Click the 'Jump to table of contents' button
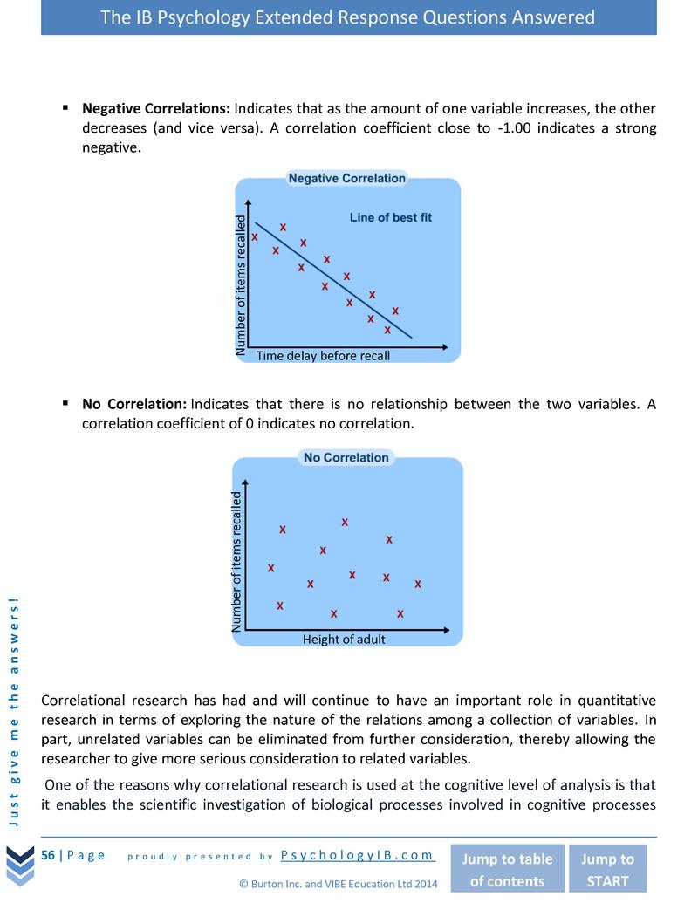coord(507,869)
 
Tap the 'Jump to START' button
coord(608,869)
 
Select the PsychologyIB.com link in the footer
coord(358,855)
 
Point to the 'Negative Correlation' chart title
coord(346,178)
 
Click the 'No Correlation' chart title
coord(346,457)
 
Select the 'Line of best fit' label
coord(390,217)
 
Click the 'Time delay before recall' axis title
coord(323,356)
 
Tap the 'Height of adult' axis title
coord(344,640)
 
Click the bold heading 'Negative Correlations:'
coord(155,109)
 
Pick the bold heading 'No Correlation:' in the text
coord(134,404)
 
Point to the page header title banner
coord(348,17)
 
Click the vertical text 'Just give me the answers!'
coord(13,708)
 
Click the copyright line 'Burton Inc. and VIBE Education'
coord(339,884)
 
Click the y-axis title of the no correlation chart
coord(236,561)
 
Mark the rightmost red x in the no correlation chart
coord(418,584)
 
